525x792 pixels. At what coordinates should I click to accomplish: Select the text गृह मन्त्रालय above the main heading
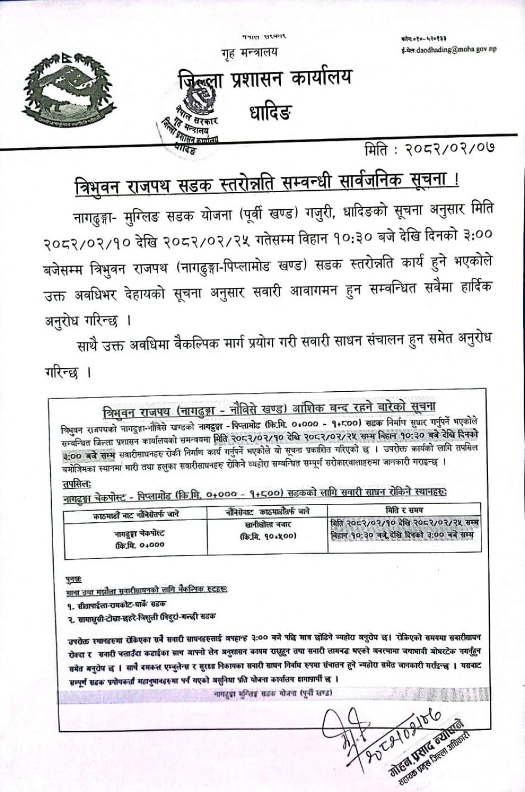point(249,53)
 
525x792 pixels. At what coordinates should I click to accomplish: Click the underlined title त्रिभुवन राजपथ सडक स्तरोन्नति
point(267,182)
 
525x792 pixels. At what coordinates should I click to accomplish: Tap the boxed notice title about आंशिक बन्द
point(269,409)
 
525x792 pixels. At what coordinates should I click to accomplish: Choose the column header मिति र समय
point(404,510)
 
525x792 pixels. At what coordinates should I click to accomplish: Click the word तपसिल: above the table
point(77,483)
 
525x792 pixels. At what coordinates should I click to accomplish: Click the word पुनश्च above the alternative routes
point(73,580)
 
